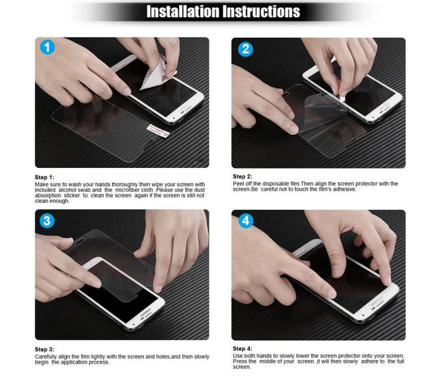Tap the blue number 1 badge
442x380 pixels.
click(x=49, y=48)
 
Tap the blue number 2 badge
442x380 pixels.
click(x=245, y=50)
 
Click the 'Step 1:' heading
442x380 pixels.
click(x=45, y=177)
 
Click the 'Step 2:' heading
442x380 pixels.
click(x=242, y=177)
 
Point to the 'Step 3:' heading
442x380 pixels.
click(x=45, y=350)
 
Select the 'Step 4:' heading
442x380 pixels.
click(x=242, y=349)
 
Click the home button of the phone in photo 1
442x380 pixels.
click(x=180, y=118)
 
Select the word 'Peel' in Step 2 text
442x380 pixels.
click(x=239, y=183)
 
